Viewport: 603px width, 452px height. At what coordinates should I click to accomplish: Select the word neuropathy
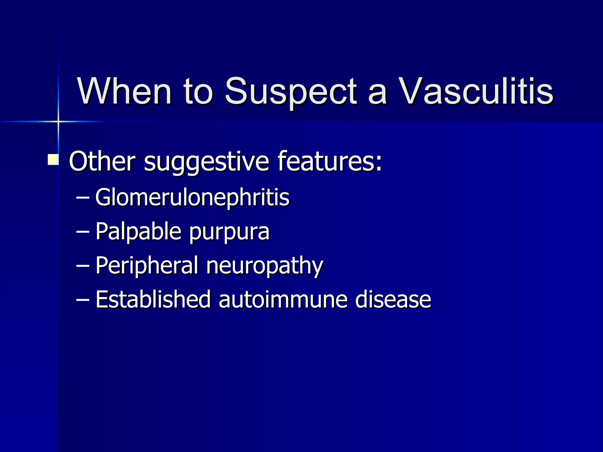click(264, 267)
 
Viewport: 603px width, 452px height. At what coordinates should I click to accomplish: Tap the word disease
click(393, 300)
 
